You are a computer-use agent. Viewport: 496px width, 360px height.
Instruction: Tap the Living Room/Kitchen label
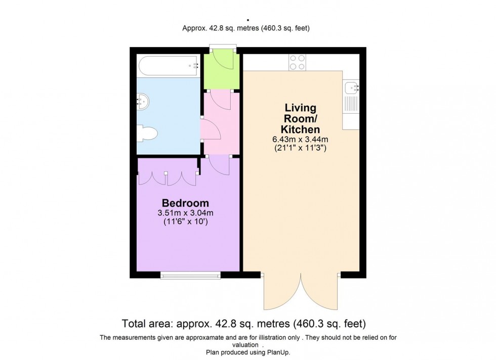pyautogui.click(x=300, y=118)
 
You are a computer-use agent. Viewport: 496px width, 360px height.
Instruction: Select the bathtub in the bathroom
pyautogui.click(x=169, y=66)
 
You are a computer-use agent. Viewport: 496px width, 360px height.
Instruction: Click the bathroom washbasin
pyautogui.click(x=143, y=102)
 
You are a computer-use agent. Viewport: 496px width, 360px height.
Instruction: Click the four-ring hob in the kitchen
pyautogui.click(x=297, y=62)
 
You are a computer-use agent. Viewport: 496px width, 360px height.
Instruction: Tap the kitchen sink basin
pyautogui.click(x=351, y=87)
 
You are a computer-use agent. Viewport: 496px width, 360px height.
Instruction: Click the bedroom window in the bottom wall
pyautogui.click(x=190, y=276)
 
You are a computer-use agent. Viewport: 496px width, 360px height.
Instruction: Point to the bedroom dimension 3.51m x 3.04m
pyautogui.click(x=185, y=213)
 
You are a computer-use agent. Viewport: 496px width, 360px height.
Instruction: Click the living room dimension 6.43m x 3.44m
pyautogui.click(x=300, y=139)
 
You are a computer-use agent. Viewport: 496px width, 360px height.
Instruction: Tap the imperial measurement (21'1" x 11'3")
pyautogui.click(x=300, y=148)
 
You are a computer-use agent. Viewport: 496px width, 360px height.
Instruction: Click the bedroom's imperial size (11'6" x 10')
pyautogui.click(x=185, y=221)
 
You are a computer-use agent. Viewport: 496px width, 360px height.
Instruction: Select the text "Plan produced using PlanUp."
pyautogui.click(x=248, y=352)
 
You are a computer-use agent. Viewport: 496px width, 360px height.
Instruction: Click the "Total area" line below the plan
pyautogui.click(x=244, y=324)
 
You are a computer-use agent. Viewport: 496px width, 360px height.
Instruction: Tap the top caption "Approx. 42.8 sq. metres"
pyautogui.click(x=221, y=28)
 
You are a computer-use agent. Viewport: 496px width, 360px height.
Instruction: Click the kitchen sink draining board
pyautogui.click(x=351, y=104)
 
